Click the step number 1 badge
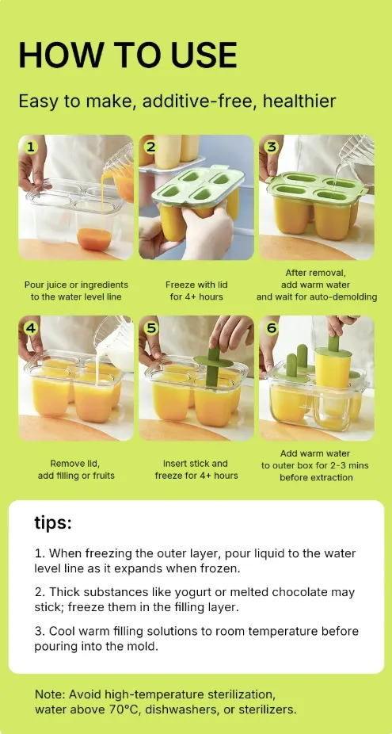click(x=31, y=148)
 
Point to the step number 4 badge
click(x=31, y=328)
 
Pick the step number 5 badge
click(x=150, y=328)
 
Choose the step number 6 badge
click(x=271, y=328)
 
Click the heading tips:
click(x=53, y=523)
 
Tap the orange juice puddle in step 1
click(x=94, y=239)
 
